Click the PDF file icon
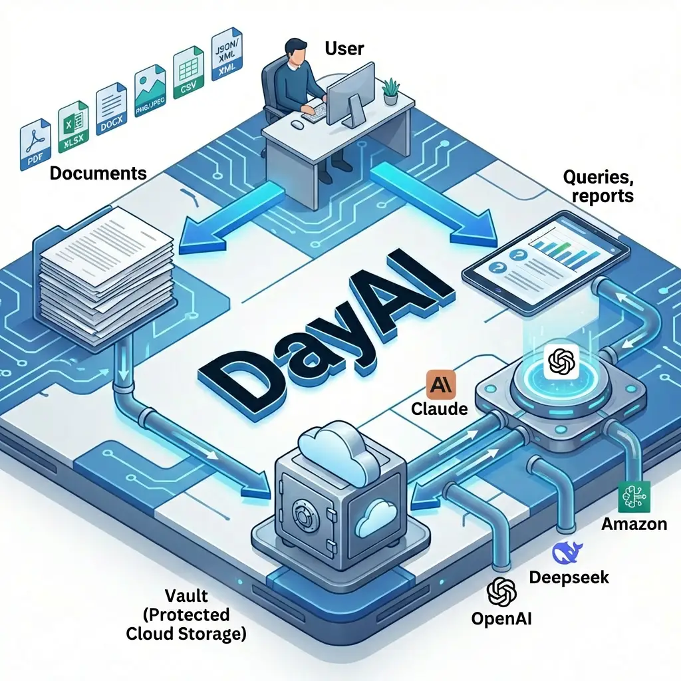[x=35, y=144]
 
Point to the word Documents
[x=98, y=174]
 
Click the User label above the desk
[x=344, y=48]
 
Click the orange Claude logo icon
[x=439, y=386]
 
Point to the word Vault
[x=188, y=595]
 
